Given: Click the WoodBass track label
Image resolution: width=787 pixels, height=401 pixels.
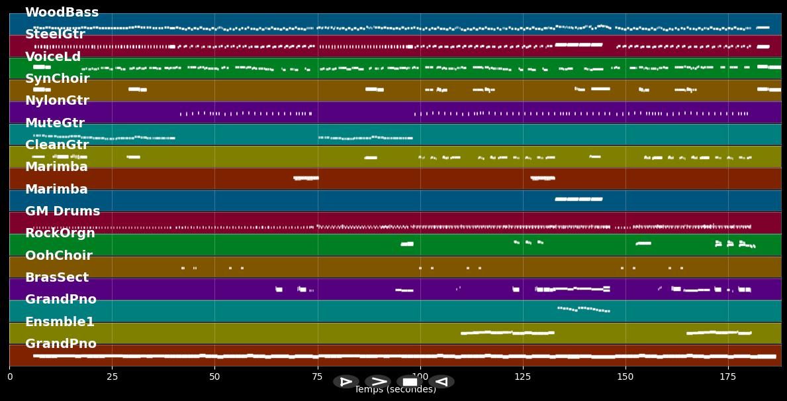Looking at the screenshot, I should (62, 13).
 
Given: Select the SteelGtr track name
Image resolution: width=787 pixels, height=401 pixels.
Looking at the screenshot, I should (55, 34).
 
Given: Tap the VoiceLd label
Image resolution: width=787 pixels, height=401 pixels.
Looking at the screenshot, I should (53, 57).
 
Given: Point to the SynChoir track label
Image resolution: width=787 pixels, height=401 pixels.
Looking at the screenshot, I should (57, 79).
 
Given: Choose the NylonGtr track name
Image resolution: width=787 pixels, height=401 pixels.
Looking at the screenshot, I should (57, 101).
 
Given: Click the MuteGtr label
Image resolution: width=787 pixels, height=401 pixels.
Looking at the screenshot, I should (55, 123).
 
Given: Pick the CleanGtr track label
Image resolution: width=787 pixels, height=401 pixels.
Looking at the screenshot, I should (57, 145).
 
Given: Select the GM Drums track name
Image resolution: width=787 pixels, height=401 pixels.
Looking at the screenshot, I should (62, 211).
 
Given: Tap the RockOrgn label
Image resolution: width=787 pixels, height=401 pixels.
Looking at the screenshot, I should (60, 233).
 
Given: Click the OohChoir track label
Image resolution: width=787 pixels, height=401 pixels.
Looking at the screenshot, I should (59, 256).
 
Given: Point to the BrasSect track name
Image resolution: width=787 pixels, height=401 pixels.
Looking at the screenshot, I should (57, 278).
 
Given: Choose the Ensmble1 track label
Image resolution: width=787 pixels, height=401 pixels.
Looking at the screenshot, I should (60, 322).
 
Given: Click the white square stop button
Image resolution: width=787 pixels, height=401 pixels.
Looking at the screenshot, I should (410, 382).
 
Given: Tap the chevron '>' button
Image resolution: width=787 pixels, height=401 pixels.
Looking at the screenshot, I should (378, 382).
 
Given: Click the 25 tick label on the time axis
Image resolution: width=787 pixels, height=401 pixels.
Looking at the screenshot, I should (112, 377).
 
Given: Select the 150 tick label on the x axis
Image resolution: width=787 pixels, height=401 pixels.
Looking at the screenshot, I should (625, 377).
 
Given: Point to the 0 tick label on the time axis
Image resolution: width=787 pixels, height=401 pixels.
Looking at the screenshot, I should (9, 377).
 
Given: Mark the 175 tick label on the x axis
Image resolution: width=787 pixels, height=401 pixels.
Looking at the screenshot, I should (728, 377).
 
